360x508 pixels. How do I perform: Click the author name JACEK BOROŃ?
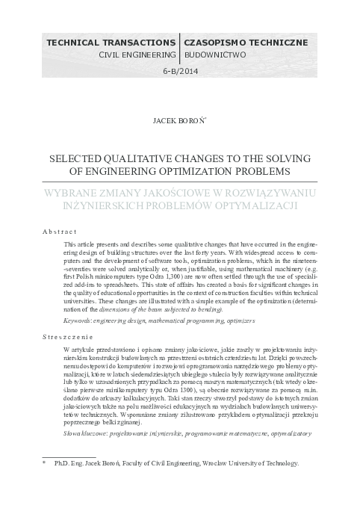pyautogui.click(x=179, y=119)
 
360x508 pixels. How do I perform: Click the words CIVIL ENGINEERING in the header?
pyautogui.click(x=138, y=55)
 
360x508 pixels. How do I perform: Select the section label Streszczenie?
pyautogui.click(x=63, y=338)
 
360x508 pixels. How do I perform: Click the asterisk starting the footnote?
pyautogui.click(x=44, y=464)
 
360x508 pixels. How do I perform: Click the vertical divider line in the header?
pyautogui.click(x=180, y=49)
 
